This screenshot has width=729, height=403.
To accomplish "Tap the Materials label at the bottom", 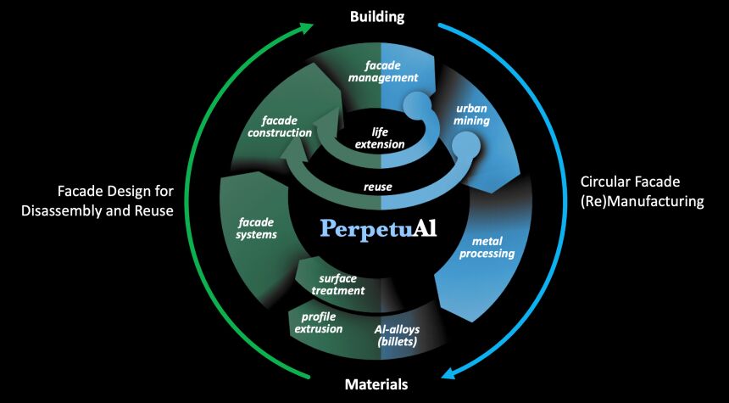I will point(376,384).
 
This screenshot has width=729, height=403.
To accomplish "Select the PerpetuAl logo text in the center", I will point(379,228).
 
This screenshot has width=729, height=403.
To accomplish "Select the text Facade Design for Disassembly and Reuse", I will point(115,200).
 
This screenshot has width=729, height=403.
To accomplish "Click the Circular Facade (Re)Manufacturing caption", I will point(642,191).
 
